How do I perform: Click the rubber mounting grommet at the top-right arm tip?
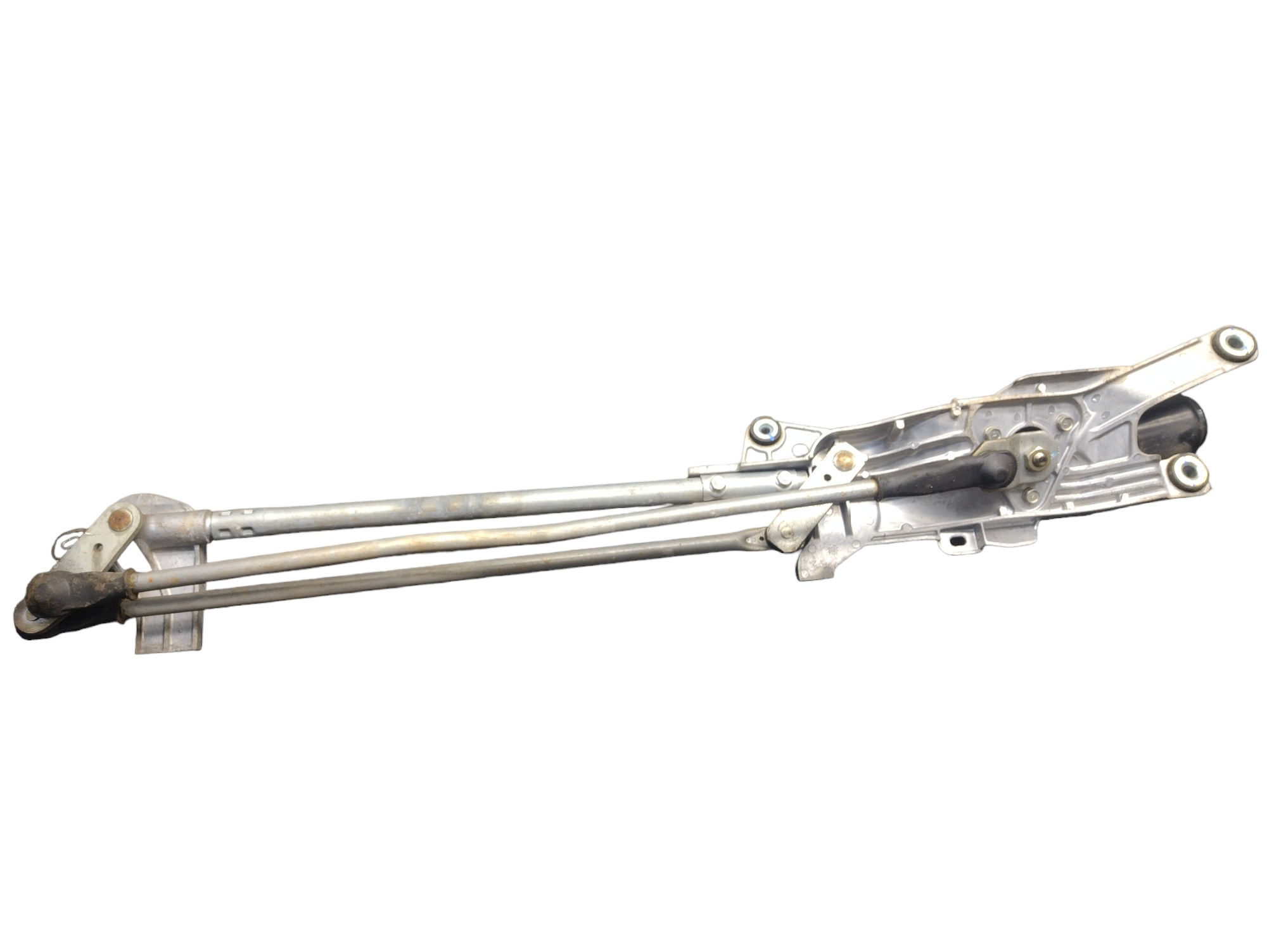pos(1232,344)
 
